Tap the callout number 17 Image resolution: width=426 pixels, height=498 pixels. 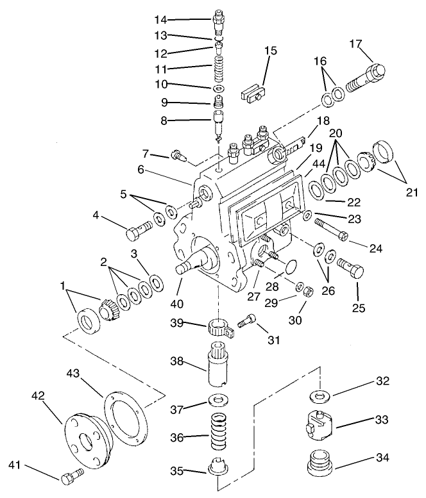[356, 44]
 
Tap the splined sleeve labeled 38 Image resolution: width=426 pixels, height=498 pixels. [219, 367]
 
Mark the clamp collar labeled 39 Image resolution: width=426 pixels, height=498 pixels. [219, 328]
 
